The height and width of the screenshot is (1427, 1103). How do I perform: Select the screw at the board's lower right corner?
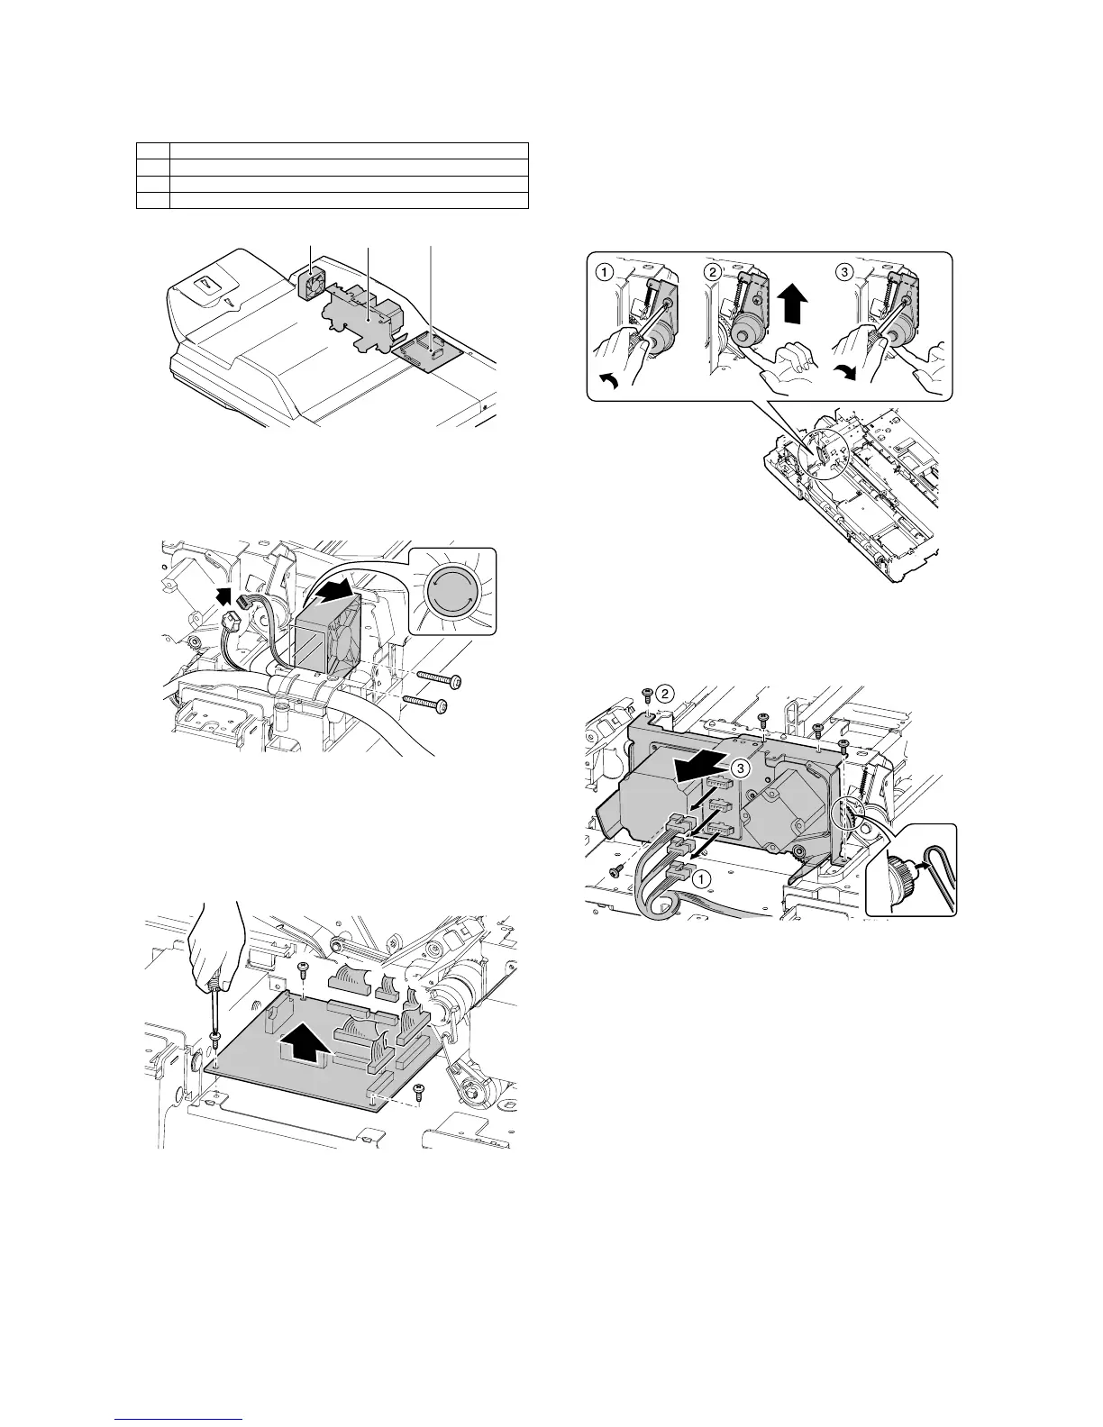pos(418,1091)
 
